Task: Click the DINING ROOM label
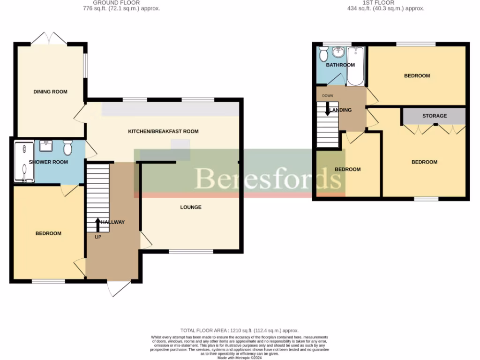(50, 92)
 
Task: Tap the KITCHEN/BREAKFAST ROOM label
(163, 131)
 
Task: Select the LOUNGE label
(191, 207)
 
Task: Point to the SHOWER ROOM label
(48, 162)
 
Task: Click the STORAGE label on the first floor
(434, 116)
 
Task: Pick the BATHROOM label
(340, 65)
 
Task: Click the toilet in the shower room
(67, 148)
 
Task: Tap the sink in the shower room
(46, 146)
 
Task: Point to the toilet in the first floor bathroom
(323, 54)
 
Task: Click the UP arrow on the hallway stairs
(97, 225)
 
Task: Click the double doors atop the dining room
(50, 38)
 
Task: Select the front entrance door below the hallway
(119, 288)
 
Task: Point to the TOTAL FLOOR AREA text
(240, 330)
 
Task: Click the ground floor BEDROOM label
(48, 233)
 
